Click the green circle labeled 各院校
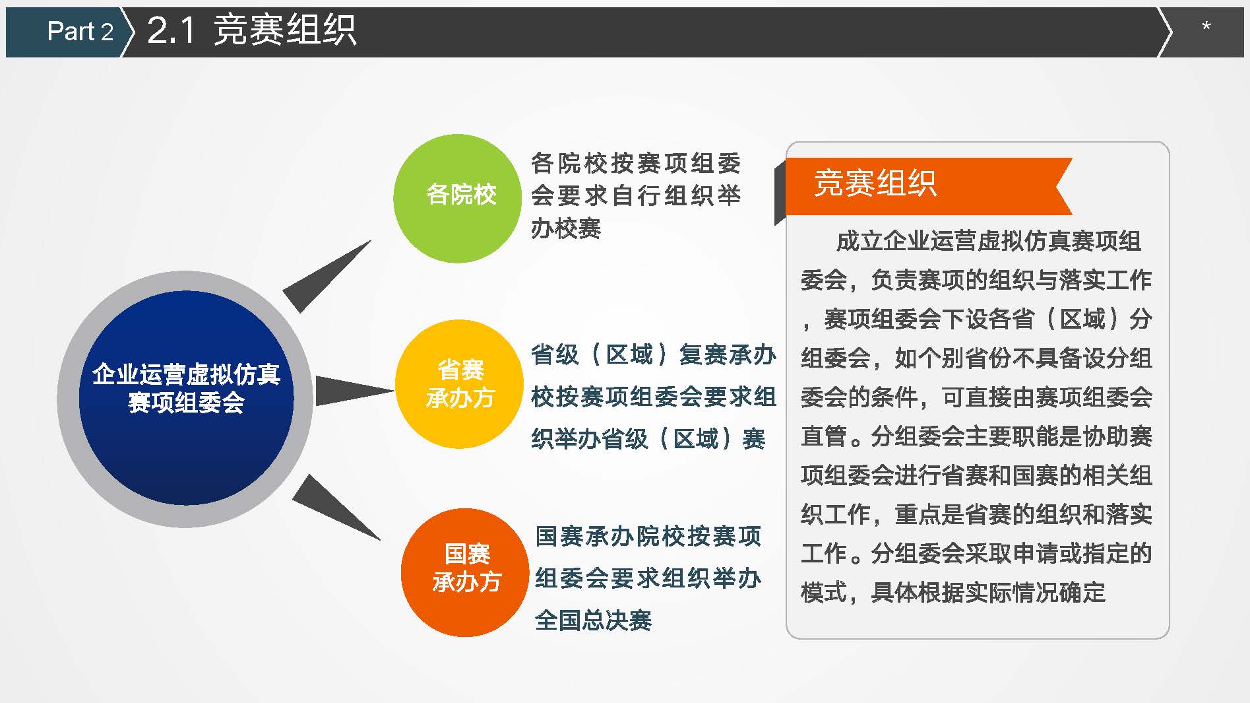(457, 199)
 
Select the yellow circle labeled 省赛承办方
(460, 384)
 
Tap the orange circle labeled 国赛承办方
(465, 572)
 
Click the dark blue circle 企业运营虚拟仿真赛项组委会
(186, 398)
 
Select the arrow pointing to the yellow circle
(355, 390)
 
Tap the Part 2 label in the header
(80, 31)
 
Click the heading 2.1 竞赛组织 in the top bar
(251, 30)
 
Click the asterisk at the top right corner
(1206, 27)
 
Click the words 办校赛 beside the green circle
(566, 228)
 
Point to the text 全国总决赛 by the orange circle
(593, 620)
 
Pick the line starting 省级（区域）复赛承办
(654, 354)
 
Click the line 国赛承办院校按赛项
(648, 536)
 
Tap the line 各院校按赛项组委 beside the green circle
(636, 162)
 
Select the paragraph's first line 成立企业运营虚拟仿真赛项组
(988, 241)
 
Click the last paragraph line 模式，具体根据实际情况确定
(953, 592)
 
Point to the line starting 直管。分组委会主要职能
(976, 436)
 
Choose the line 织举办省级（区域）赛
(648, 439)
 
